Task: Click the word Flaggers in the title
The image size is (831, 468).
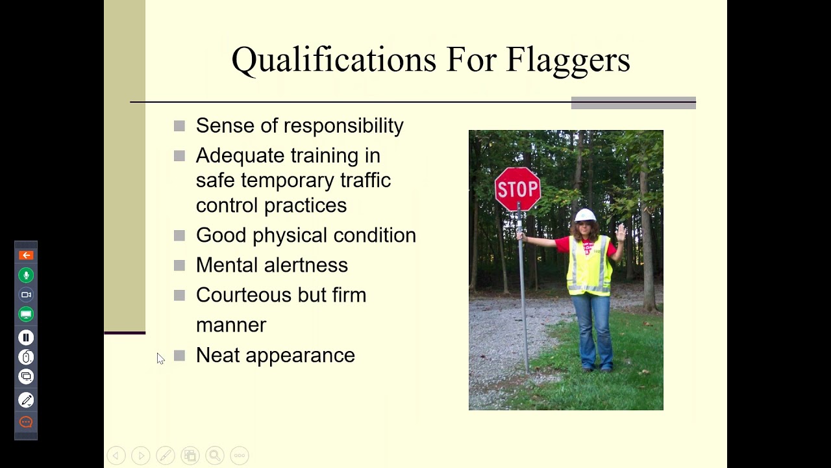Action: click(x=567, y=60)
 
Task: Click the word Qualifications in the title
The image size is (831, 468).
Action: click(x=334, y=60)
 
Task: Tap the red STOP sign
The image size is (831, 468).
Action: click(x=517, y=188)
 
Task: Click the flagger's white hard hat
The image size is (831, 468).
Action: click(x=585, y=215)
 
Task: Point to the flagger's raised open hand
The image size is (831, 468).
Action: click(x=621, y=232)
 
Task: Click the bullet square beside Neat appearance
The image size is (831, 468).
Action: click(x=180, y=355)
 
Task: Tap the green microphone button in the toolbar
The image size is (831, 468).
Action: click(x=26, y=275)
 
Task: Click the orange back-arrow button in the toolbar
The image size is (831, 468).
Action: click(x=26, y=255)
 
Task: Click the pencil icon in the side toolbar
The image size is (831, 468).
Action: click(x=26, y=400)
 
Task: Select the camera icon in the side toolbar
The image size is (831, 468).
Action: click(x=26, y=294)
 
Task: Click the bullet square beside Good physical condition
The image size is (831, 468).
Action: click(x=180, y=235)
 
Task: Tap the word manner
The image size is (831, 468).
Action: click(x=231, y=325)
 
